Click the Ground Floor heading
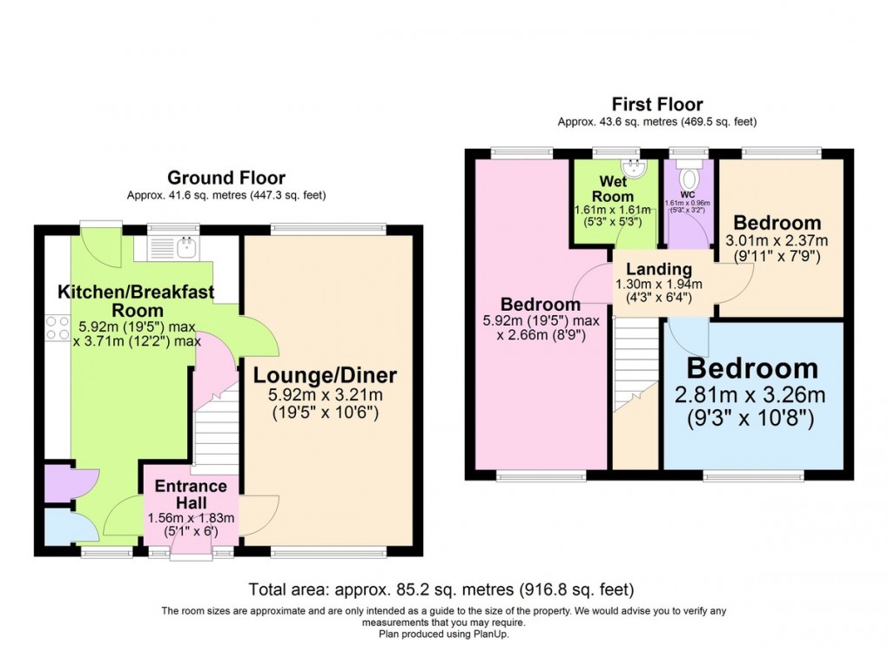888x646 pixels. [225, 178]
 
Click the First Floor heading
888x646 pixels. [658, 104]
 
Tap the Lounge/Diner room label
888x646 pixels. [325, 375]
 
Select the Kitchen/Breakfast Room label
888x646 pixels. [136, 300]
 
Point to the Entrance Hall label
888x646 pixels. [191, 495]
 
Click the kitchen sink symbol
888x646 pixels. [185, 248]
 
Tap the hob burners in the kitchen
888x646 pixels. [57, 327]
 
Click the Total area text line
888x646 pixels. [441, 589]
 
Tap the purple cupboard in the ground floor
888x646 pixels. [58, 484]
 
